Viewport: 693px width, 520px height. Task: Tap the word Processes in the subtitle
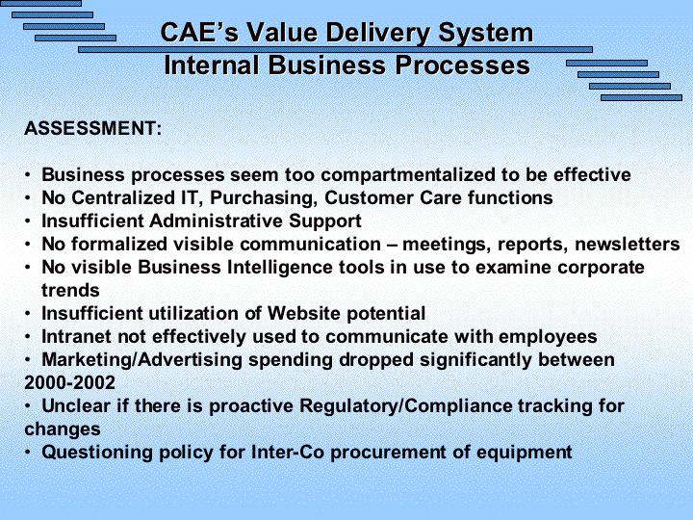point(462,65)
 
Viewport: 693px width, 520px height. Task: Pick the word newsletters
point(628,244)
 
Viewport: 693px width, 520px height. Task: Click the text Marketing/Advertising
point(141,360)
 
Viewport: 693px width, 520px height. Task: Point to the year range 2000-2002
point(70,383)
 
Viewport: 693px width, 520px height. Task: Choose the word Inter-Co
point(288,453)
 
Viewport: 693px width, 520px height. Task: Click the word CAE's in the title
point(199,33)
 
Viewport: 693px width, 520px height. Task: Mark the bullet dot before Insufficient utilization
point(28,314)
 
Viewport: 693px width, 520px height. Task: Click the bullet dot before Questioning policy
point(28,453)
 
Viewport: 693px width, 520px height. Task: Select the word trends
point(70,291)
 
